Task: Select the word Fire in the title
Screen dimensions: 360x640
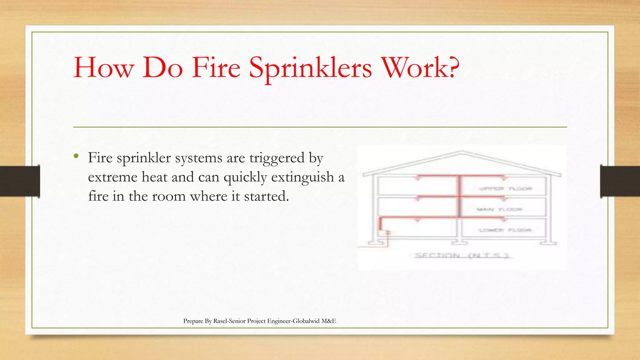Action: point(216,67)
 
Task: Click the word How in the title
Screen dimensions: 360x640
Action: point(104,67)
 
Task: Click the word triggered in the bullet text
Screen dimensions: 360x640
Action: point(277,157)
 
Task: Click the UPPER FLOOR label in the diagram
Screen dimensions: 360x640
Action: point(505,189)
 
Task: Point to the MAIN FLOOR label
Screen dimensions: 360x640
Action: point(499,209)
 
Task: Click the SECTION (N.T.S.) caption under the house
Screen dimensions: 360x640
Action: point(462,256)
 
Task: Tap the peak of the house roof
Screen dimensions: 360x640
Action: point(462,152)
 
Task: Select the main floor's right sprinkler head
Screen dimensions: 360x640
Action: point(503,199)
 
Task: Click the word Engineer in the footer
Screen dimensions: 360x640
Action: point(279,321)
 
